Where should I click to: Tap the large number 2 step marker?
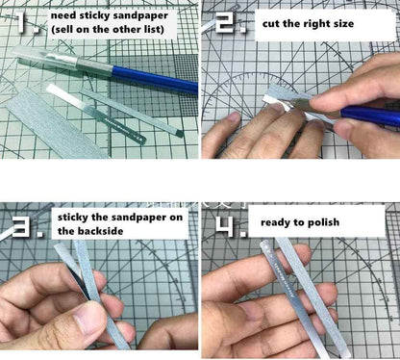(x=228, y=21)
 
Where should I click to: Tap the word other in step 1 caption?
(x=133, y=33)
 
